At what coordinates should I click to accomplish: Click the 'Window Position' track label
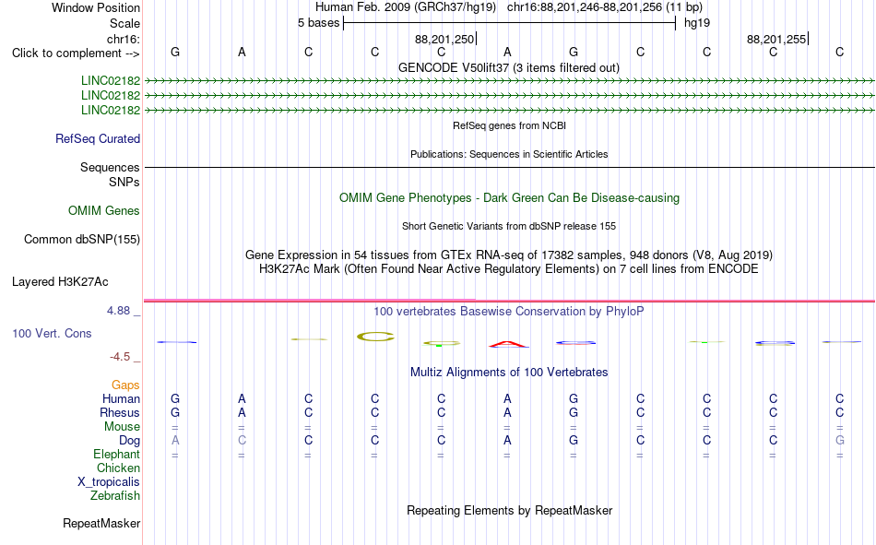click(96, 7)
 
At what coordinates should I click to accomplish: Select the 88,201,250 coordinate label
click(444, 39)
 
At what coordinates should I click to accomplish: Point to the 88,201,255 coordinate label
click(776, 39)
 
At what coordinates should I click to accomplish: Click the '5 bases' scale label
click(318, 23)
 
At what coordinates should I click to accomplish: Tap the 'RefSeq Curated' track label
click(98, 138)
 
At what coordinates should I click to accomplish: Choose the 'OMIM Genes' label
click(104, 211)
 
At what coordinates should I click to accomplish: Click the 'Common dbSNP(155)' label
click(82, 239)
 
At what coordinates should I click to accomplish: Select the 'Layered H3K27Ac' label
click(60, 282)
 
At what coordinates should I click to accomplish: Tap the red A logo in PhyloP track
click(508, 344)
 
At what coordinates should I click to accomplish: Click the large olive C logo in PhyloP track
click(375, 337)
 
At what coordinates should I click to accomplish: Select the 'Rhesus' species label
click(120, 412)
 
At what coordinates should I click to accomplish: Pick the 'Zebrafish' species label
click(115, 495)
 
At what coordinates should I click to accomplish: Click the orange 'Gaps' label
click(125, 385)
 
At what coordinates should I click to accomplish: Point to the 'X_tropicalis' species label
click(109, 482)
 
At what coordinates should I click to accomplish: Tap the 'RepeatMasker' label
click(101, 523)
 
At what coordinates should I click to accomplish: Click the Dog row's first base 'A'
click(175, 441)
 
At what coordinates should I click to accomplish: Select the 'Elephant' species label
click(116, 454)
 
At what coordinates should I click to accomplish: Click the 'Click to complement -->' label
click(76, 53)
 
